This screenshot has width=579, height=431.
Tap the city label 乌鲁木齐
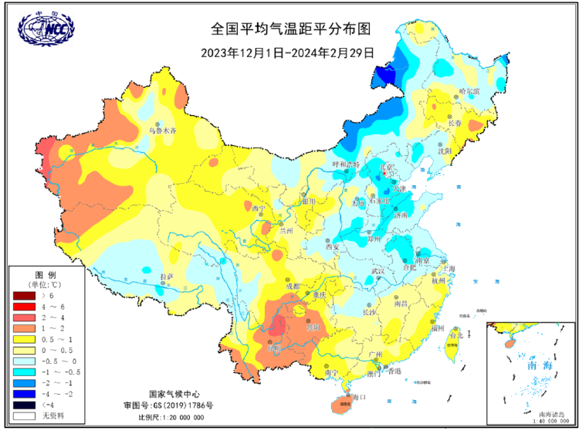click(163, 131)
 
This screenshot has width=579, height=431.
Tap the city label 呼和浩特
click(346, 165)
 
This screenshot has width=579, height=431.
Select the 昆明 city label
click(273, 349)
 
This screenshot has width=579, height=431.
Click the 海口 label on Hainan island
click(357, 396)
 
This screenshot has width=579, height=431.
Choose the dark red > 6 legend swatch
click(24, 296)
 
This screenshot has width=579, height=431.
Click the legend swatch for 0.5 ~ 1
click(24, 338)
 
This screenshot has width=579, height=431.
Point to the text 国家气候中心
click(159, 393)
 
